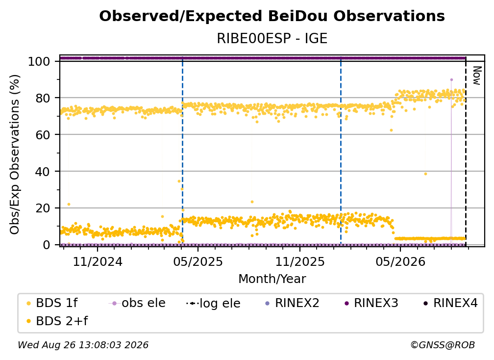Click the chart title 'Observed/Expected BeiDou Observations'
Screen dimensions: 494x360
pos(272,16)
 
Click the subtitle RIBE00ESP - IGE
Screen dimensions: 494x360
pos(272,38)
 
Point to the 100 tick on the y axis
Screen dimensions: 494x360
pos(39,61)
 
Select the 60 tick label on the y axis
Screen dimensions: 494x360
pos(43,135)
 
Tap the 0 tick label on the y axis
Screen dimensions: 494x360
pos(47,245)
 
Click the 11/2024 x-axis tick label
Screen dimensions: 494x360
pos(98,261)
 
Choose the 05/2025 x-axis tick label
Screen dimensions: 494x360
pos(198,261)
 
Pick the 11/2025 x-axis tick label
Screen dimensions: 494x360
pos(300,261)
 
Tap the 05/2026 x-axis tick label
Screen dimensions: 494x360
pos(400,261)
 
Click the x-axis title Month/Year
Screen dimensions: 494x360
pos(272,279)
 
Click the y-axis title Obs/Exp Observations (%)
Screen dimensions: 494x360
pos(15,154)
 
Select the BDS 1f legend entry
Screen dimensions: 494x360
pos(52,303)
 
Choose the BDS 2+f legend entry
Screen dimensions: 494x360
pos(57,321)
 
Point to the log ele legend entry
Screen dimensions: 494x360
pos(213,304)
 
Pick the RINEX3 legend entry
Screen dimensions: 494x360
pos(371,303)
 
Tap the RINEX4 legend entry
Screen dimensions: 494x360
pos(451,303)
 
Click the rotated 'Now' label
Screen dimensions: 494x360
pos(477,76)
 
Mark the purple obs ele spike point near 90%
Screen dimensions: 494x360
pos(451,80)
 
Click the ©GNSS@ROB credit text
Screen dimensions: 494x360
pos(443,345)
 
